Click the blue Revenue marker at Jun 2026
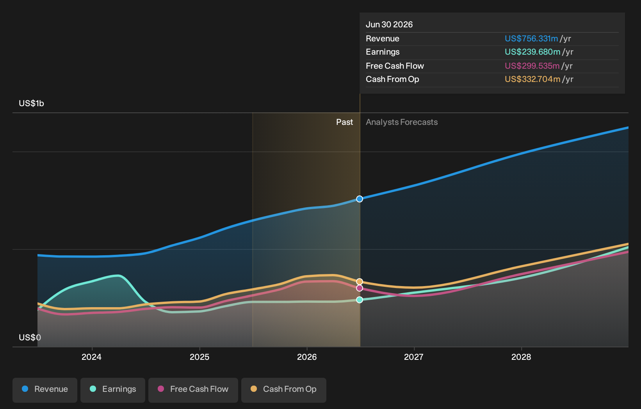[x=360, y=199]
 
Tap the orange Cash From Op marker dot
[x=360, y=282]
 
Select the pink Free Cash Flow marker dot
[x=360, y=288]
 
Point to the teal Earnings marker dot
[x=360, y=300]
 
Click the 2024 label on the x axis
[x=92, y=357]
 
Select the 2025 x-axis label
[x=199, y=357]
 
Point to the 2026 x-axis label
[x=307, y=357]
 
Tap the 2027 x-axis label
[x=413, y=357]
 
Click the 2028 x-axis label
[x=521, y=357]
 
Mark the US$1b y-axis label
[x=32, y=103]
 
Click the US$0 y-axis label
[x=30, y=338]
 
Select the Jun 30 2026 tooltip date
[x=389, y=25]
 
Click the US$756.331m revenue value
[x=531, y=39]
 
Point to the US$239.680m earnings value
[x=532, y=52]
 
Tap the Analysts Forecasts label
[x=401, y=122]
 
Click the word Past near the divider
[x=345, y=122]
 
